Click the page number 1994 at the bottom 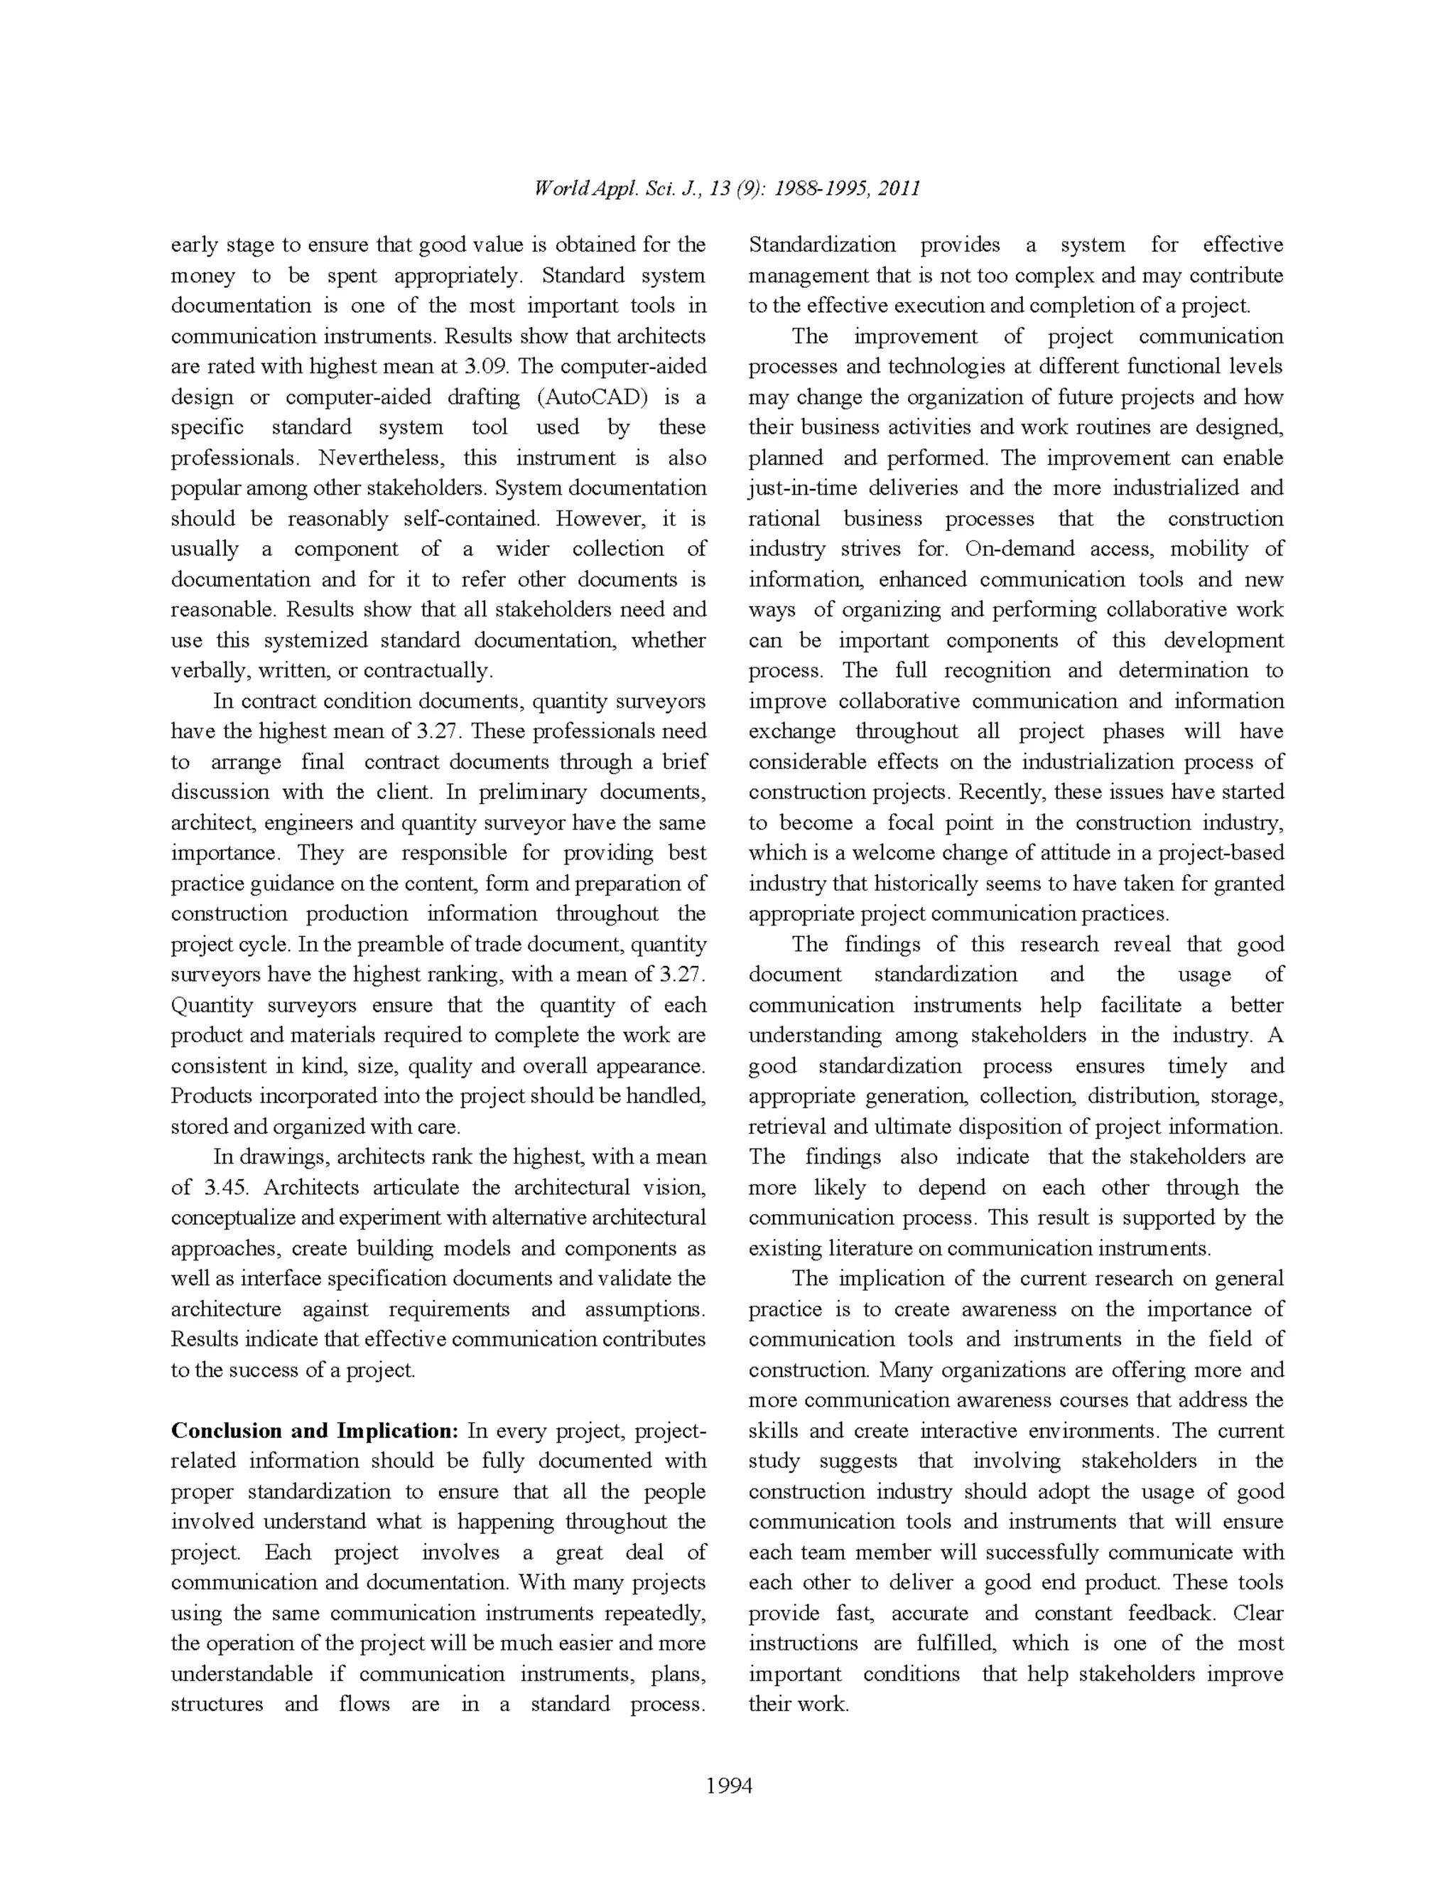point(728,1786)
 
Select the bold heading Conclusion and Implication point(315,1430)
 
